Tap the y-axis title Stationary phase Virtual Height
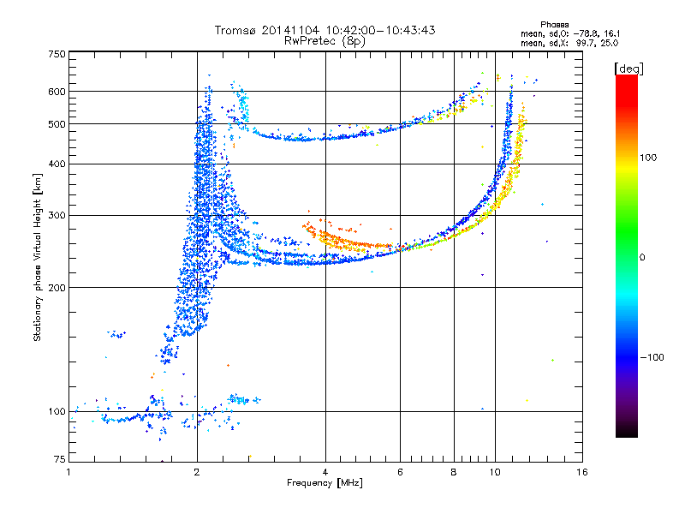pos(38,257)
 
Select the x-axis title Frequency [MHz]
pos(325,483)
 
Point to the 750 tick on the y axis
pos(57,54)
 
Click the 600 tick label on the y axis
pos(57,92)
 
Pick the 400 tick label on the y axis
pos(57,164)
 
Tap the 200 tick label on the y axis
pos(57,287)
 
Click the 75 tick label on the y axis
pos(59,461)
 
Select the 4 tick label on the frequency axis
pos(325,472)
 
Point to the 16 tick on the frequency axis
pos(582,472)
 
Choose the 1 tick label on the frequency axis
pos(69,472)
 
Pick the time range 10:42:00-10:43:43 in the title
pos(377,30)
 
